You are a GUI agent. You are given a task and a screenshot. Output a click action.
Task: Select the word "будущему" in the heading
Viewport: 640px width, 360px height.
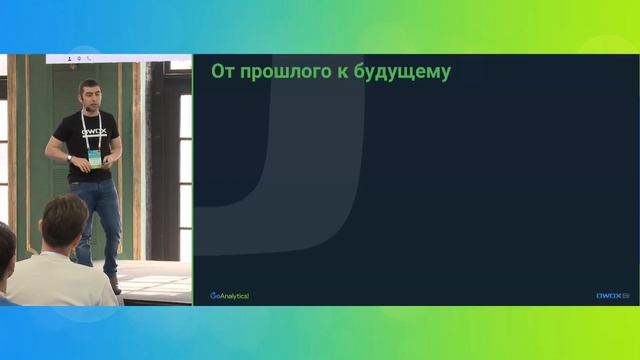click(404, 72)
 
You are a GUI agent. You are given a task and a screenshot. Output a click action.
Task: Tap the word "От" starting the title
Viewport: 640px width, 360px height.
click(223, 72)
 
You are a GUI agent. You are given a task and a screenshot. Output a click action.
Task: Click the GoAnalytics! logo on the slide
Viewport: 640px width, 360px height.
click(229, 295)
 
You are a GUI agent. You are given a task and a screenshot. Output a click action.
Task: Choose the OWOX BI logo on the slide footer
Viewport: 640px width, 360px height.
click(612, 295)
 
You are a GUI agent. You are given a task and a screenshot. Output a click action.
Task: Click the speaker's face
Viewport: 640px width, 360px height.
click(91, 97)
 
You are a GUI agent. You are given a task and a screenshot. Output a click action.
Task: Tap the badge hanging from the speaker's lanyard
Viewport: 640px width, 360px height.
click(94, 158)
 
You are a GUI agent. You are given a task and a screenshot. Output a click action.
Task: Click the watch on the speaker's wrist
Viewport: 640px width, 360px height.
click(70, 157)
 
